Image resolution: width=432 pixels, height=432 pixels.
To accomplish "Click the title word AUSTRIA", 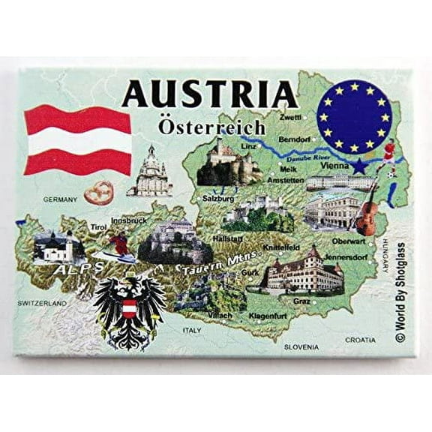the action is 209,94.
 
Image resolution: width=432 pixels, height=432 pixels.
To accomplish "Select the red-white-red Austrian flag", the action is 77,139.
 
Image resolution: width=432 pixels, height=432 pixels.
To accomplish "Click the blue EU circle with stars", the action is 355,116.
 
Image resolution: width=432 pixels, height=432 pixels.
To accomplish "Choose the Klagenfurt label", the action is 268,316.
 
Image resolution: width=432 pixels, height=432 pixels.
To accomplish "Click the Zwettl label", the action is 290,118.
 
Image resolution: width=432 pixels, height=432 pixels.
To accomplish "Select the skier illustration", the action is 118,245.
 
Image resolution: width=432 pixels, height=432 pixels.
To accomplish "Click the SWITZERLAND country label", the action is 43,303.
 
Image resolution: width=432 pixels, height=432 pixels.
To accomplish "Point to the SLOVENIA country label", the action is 301,346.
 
